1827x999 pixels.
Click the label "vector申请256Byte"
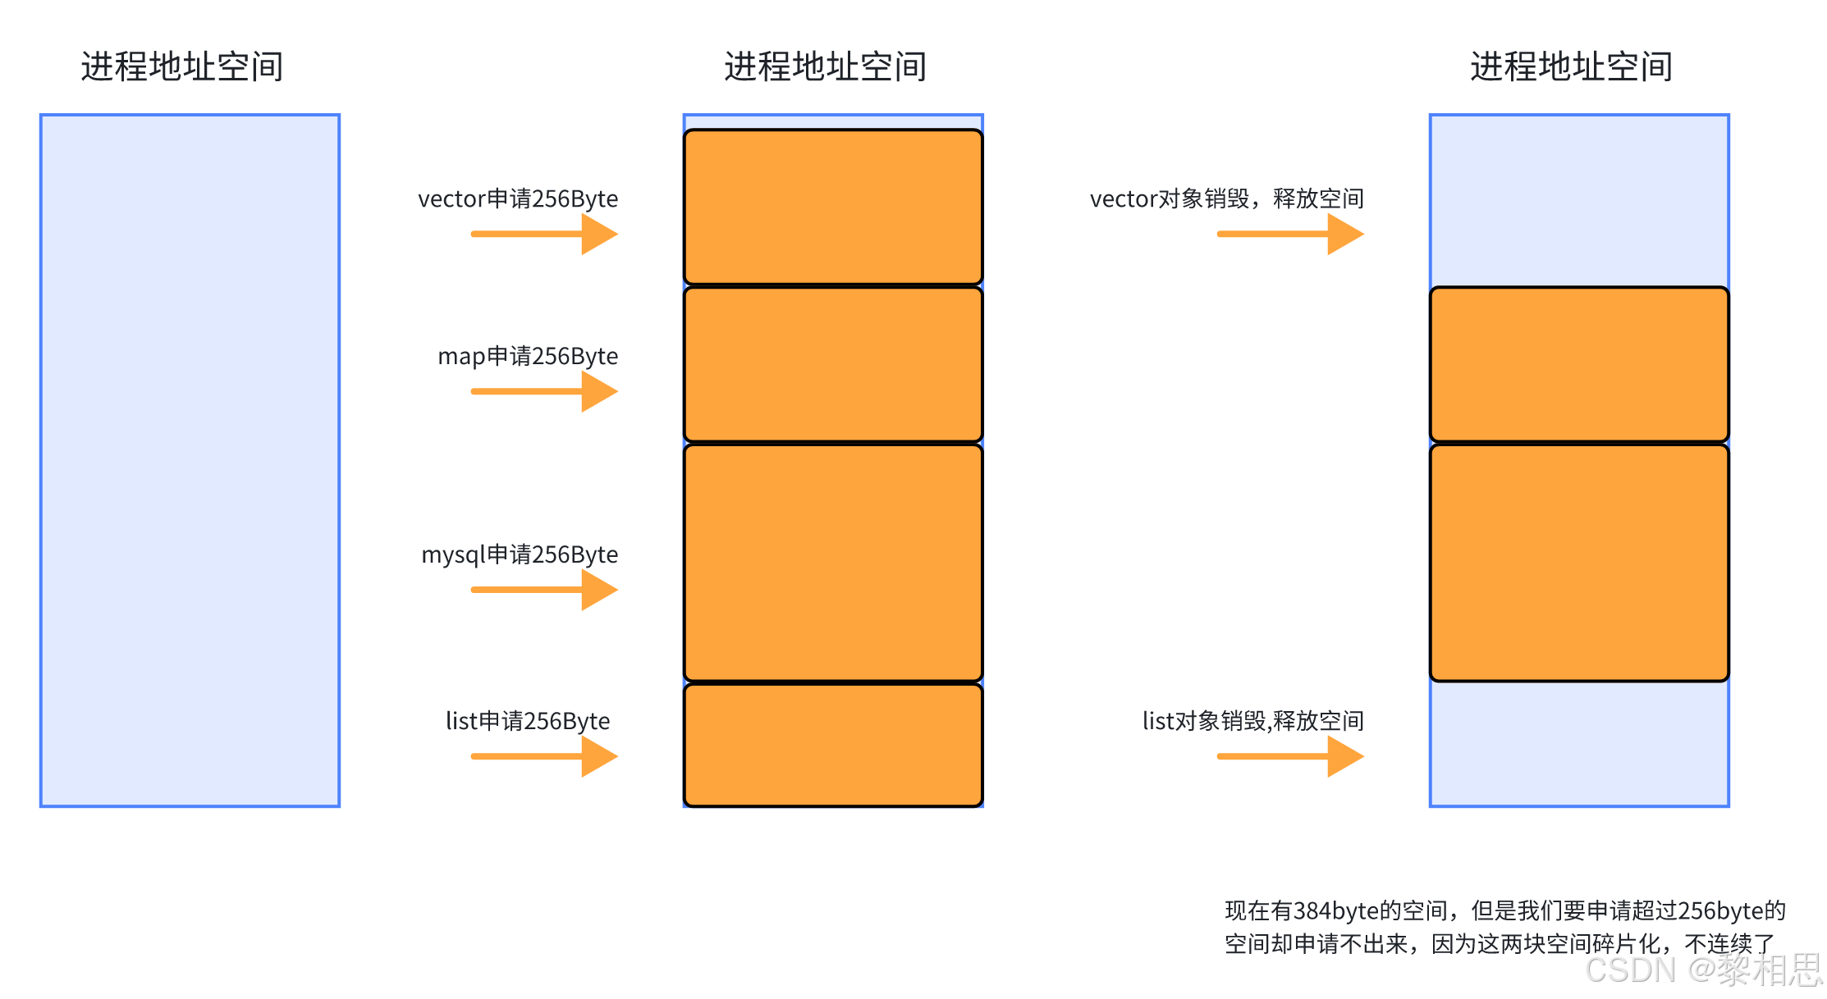tap(518, 199)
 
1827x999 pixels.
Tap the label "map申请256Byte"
tap(528, 357)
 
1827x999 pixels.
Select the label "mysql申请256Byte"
tap(520, 555)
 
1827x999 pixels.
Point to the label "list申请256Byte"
tap(528, 722)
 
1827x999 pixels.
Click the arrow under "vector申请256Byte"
tap(543, 235)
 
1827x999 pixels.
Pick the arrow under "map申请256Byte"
tap(543, 392)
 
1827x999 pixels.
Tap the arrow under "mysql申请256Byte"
tap(543, 591)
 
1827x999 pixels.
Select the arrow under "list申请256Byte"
tap(543, 757)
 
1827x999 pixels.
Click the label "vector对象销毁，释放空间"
tap(1227, 199)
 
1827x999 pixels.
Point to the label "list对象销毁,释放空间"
tap(1253, 722)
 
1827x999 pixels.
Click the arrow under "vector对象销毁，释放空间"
tap(1289, 235)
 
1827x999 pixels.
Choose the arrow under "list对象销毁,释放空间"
tap(1289, 757)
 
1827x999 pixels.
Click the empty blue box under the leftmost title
tap(190, 460)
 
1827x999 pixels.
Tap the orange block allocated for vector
tap(833, 207)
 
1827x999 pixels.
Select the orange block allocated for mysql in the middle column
tap(833, 563)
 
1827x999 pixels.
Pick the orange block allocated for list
tap(833, 746)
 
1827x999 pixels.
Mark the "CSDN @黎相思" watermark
tap(1703, 970)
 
